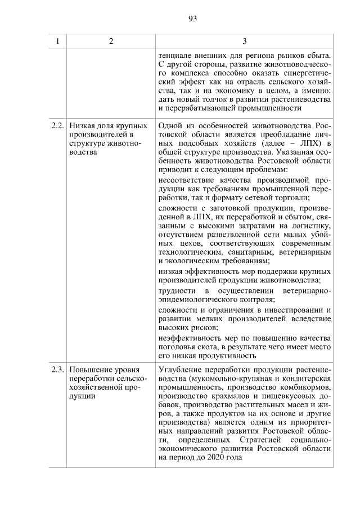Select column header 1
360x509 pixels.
pyautogui.click(x=57, y=41)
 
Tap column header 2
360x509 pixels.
pyautogui.click(x=111, y=41)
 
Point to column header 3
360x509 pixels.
pyautogui.click(x=244, y=41)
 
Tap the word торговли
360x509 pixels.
pyautogui.click(x=292, y=198)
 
